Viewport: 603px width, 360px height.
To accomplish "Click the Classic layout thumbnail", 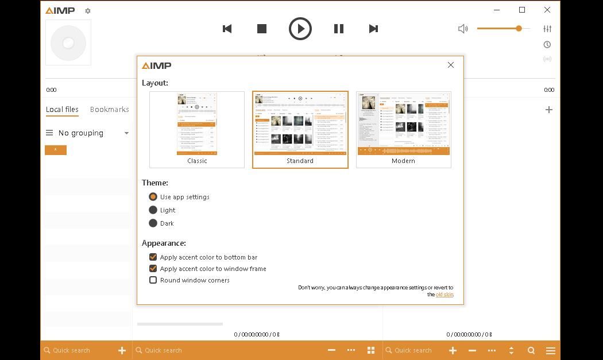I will (197, 129).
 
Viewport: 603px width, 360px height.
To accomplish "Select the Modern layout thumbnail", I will (403, 129).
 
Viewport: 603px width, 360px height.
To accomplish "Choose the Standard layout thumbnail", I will (300, 129).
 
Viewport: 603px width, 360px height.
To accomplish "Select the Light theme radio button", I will (153, 210).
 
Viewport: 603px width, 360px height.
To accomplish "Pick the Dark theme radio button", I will (153, 223).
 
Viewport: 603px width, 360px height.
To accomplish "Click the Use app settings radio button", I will (153, 197).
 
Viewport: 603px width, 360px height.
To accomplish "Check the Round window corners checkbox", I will (153, 280).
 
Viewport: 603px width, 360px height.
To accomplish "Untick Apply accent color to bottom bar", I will (153, 257).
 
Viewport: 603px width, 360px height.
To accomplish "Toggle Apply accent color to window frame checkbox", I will (153, 269).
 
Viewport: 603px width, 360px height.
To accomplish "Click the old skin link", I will (444, 295).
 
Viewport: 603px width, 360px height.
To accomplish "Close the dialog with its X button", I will (451, 65).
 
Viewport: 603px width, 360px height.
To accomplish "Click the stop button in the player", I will (262, 29).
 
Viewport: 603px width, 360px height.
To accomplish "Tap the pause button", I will (339, 29).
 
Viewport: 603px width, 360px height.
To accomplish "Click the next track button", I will (373, 29).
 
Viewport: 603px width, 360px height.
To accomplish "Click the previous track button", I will (227, 29).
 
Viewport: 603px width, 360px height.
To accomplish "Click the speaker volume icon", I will (463, 29).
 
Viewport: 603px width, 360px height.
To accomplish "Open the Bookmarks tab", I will (110, 109).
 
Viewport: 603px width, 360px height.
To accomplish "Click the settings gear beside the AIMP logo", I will (88, 11).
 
